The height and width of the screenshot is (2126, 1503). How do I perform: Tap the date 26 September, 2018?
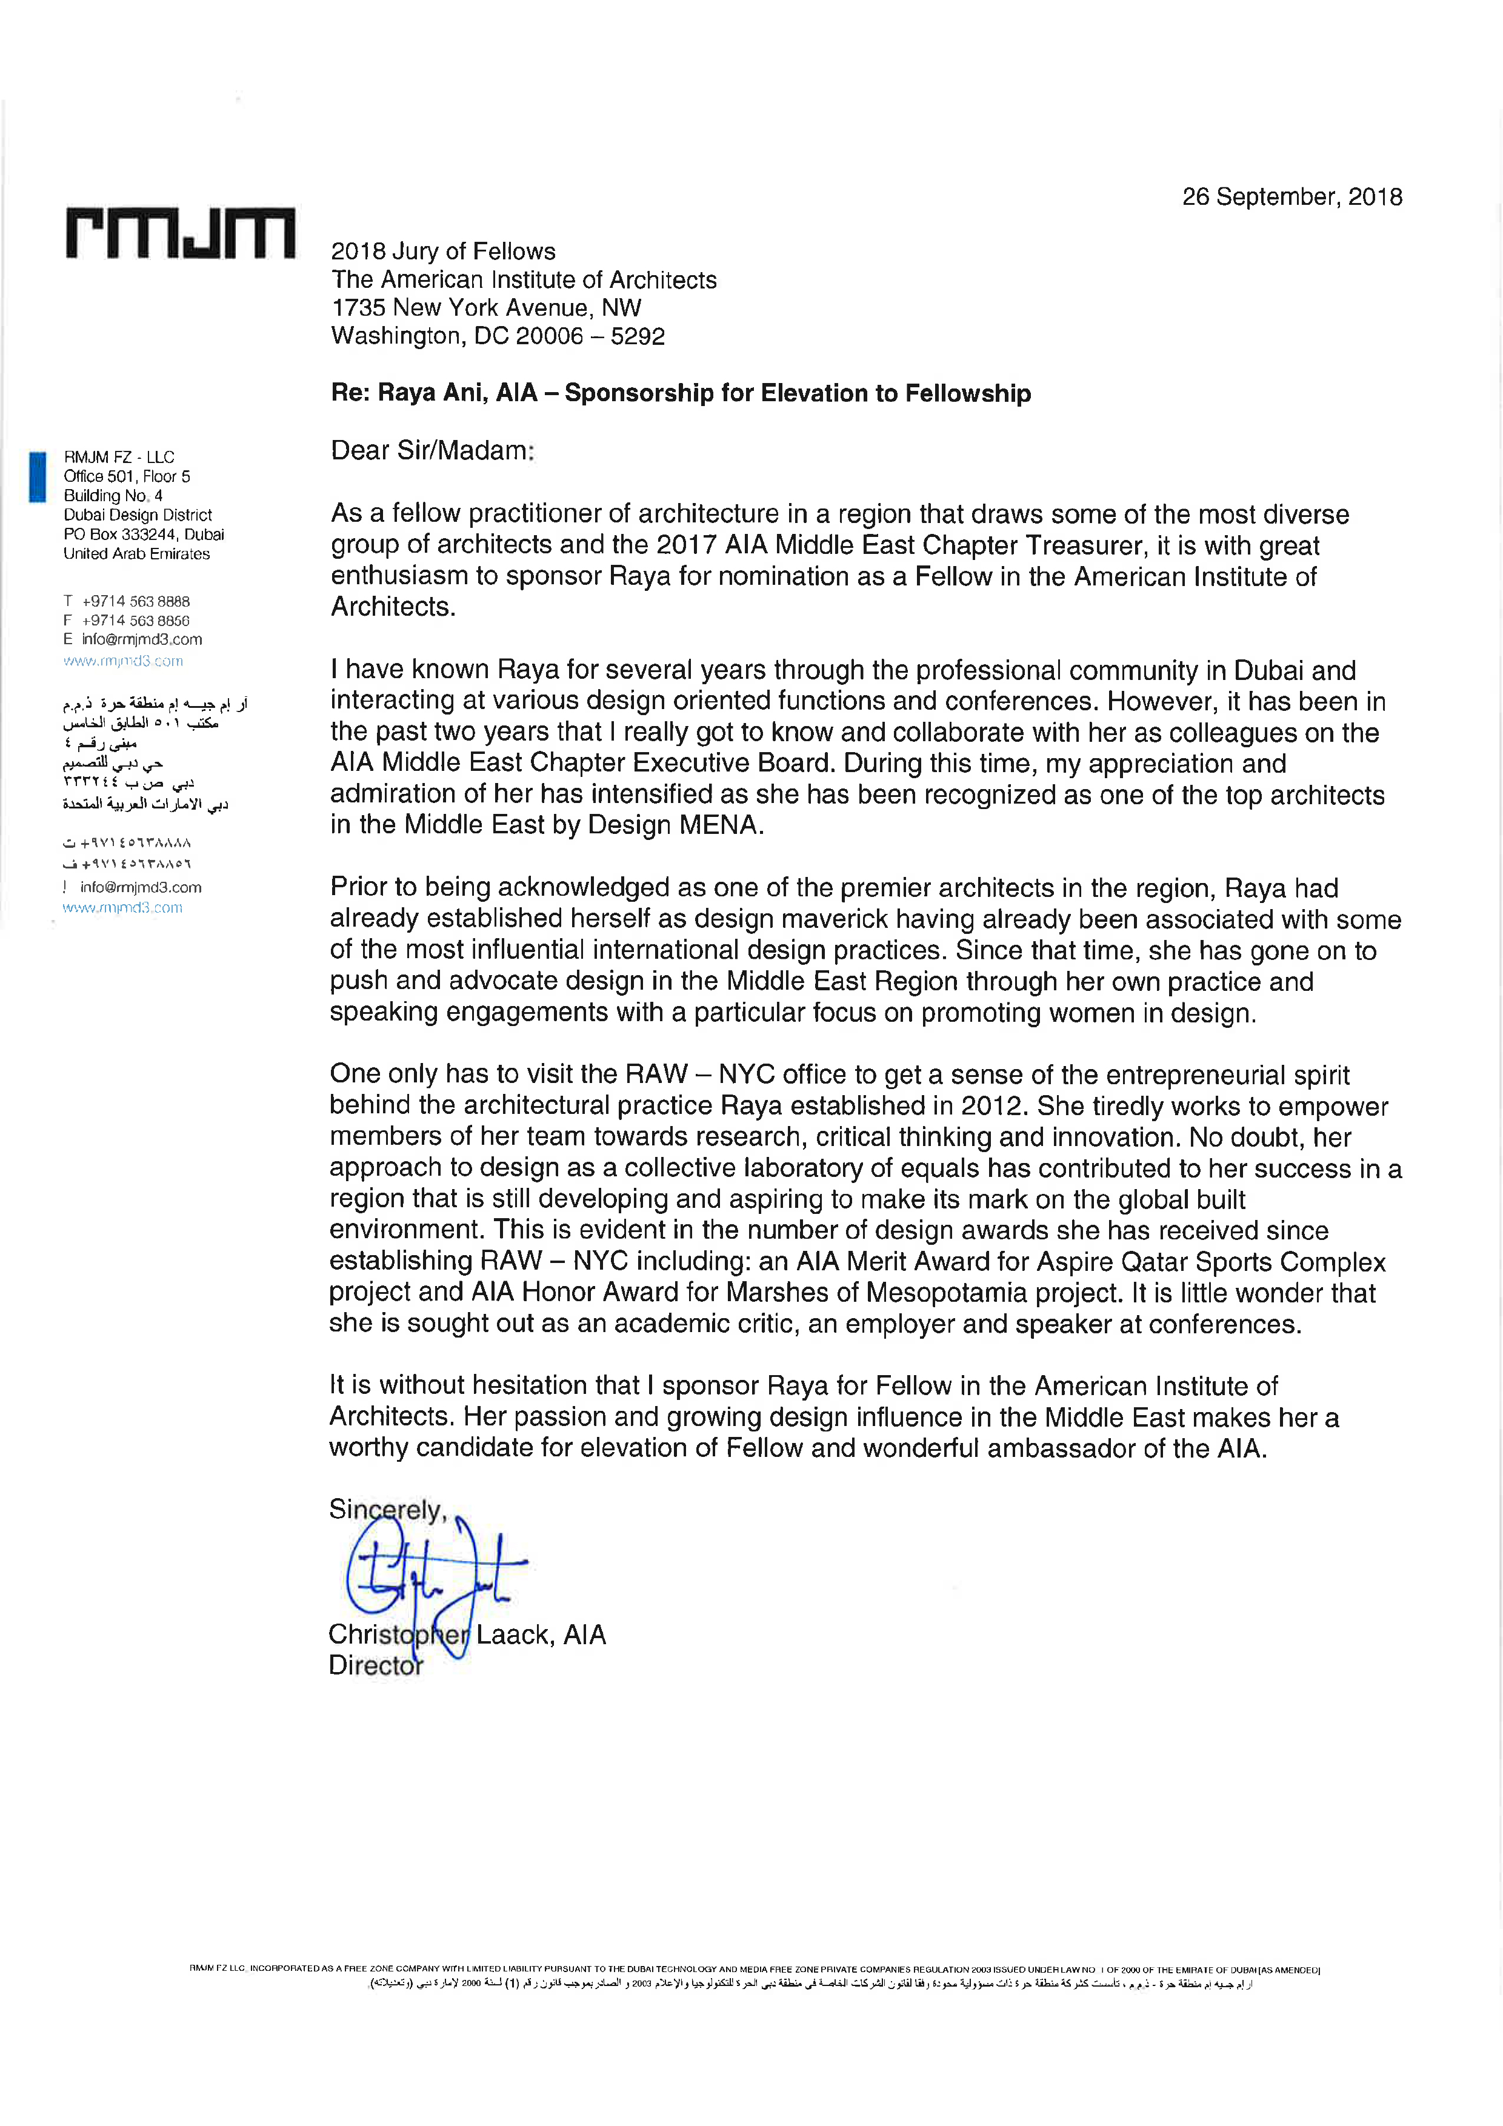tap(1292, 197)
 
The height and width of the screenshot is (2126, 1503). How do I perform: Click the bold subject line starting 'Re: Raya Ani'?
tap(681, 393)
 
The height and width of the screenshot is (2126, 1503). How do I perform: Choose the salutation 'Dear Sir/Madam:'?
tap(433, 451)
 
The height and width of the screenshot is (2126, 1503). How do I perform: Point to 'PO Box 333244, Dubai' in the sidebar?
tap(144, 535)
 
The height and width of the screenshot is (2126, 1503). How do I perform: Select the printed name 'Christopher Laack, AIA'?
tap(467, 1634)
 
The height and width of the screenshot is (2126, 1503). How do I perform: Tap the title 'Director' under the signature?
tap(375, 1665)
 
